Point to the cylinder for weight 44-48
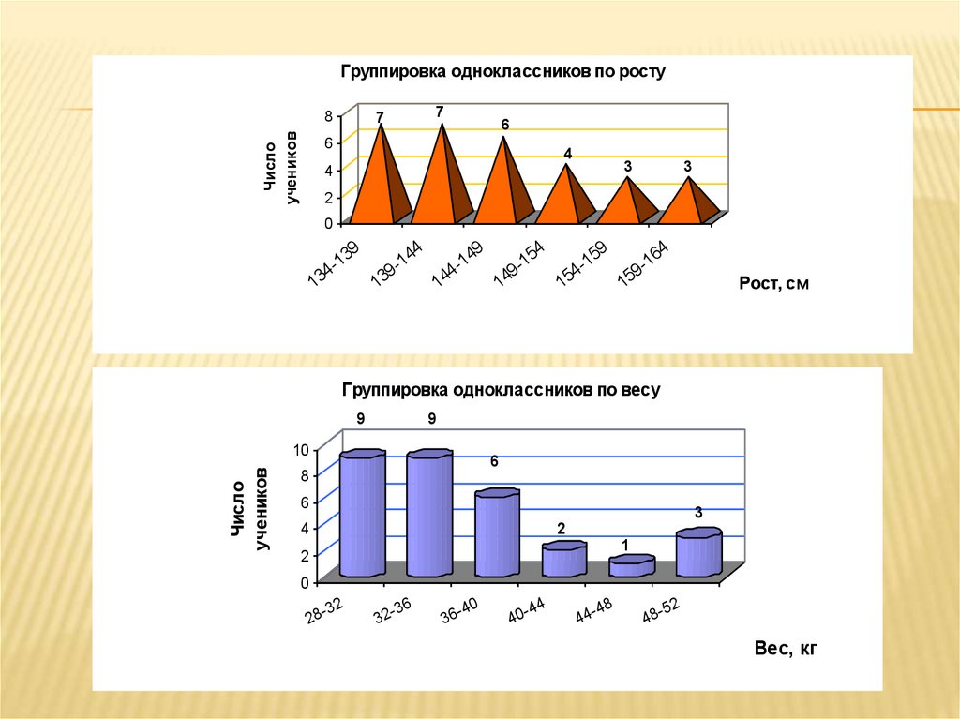point(631,566)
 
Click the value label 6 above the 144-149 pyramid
point(504,126)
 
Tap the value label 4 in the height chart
point(567,153)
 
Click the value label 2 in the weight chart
point(562,528)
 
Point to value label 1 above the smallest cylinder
point(624,545)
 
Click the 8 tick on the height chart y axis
point(328,115)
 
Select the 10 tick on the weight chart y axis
point(301,449)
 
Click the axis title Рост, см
point(772,284)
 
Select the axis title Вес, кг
point(786,648)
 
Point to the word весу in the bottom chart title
point(643,389)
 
